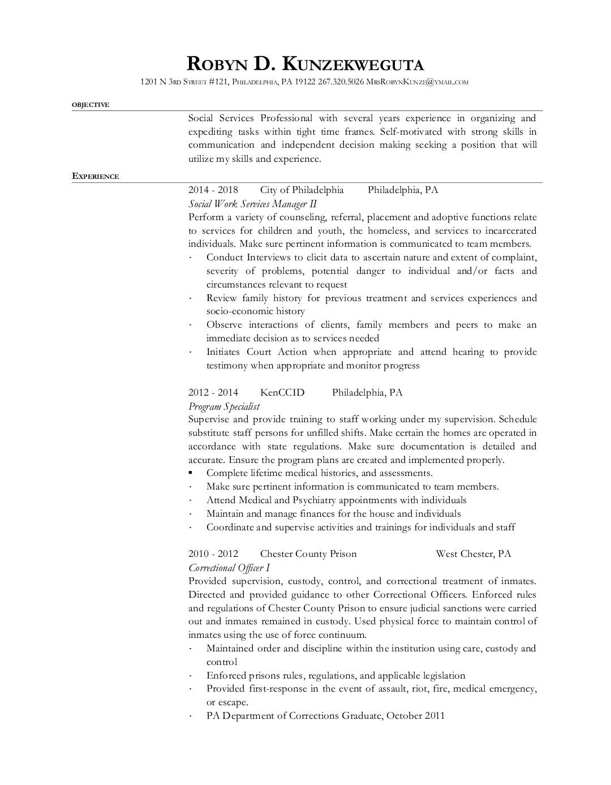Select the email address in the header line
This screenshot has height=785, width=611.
click(x=418, y=82)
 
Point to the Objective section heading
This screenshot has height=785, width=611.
click(x=91, y=105)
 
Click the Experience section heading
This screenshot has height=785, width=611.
click(x=95, y=177)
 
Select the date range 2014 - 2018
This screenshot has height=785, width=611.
click(x=213, y=190)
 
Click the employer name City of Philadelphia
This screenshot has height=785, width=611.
click(x=302, y=190)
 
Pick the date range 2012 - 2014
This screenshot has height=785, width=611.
click(x=213, y=393)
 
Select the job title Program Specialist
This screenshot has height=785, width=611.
click(x=224, y=406)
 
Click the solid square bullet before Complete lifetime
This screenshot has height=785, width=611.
click(x=191, y=473)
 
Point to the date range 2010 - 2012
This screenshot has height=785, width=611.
click(x=213, y=554)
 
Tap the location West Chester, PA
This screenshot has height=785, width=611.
click(x=473, y=554)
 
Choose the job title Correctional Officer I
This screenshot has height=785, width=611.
click(x=229, y=568)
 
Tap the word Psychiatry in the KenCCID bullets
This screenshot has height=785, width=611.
click(x=314, y=500)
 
